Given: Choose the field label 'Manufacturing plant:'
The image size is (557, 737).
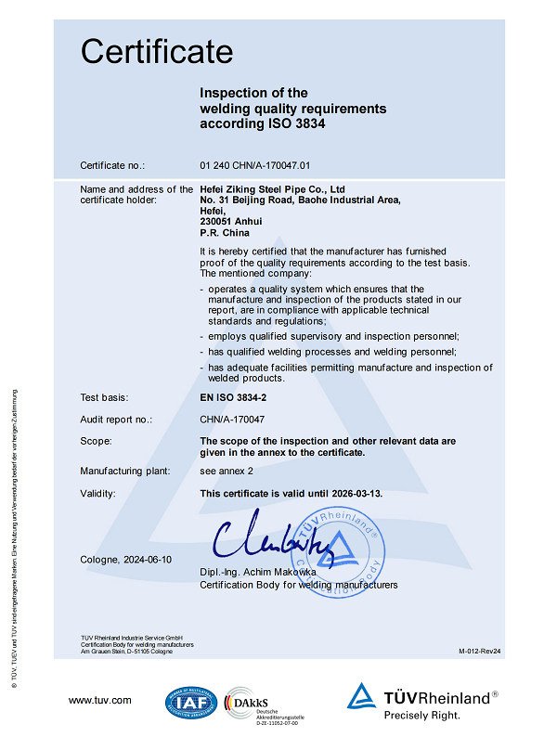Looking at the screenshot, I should pyautogui.click(x=125, y=472).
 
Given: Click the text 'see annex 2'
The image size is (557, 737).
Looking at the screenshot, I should pyautogui.click(x=226, y=472).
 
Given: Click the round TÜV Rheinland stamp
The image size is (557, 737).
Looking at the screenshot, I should pyautogui.click(x=340, y=547).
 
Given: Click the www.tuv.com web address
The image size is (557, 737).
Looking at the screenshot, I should pyautogui.click(x=99, y=700).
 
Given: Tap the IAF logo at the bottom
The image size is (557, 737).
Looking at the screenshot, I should pyautogui.click(x=192, y=704).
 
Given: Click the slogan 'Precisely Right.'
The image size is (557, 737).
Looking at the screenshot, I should pyautogui.click(x=421, y=716).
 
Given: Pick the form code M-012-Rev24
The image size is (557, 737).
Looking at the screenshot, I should pyautogui.click(x=479, y=653).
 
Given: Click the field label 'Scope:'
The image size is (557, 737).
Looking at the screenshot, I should pyautogui.click(x=96, y=441).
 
